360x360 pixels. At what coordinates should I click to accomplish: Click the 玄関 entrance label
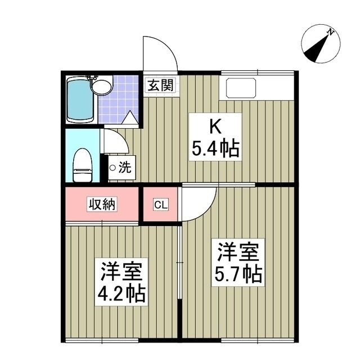click(x=160, y=85)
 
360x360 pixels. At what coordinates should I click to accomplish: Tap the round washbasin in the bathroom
click(x=102, y=87)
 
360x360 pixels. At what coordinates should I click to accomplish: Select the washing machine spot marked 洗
click(x=120, y=167)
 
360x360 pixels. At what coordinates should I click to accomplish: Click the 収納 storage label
click(x=101, y=204)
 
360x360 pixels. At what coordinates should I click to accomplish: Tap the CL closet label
click(x=160, y=204)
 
